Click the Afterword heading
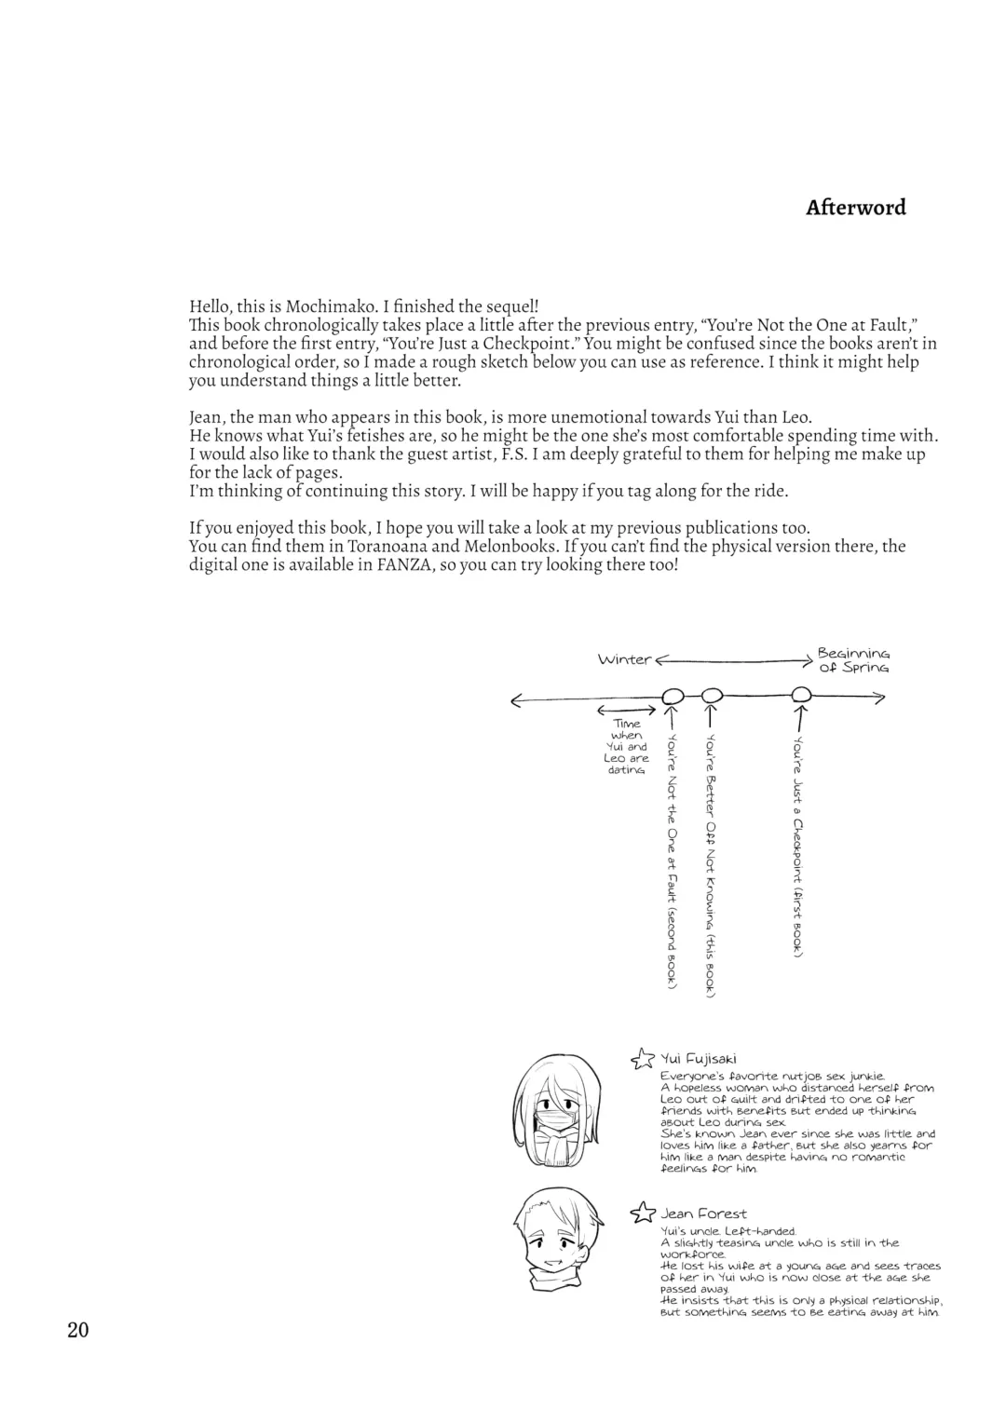click(855, 208)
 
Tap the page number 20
click(78, 1330)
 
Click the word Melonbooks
click(519, 547)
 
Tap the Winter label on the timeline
click(624, 659)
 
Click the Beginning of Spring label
click(852, 660)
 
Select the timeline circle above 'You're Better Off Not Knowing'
click(712, 695)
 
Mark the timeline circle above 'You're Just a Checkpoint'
click(800, 695)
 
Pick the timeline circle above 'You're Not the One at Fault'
click(673, 696)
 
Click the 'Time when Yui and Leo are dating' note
click(627, 747)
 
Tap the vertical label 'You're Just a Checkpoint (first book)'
click(798, 846)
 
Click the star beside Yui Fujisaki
click(642, 1058)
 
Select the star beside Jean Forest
click(642, 1213)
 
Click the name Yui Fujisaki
click(699, 1058)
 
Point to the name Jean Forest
click(703, 1213)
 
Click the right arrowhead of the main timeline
click(878, 698)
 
